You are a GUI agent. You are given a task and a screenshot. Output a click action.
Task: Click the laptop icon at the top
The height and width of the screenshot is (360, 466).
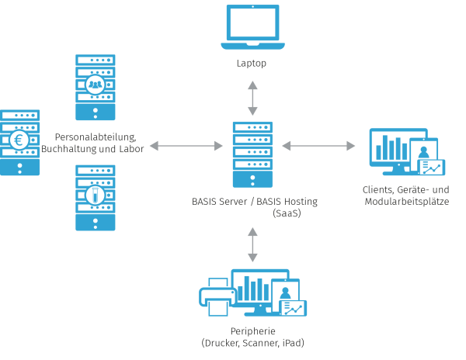[252, 28]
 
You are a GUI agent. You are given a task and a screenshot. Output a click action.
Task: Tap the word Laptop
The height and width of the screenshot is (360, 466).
[252, 63]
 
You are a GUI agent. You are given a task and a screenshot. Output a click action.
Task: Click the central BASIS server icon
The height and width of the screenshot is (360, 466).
[252, 154]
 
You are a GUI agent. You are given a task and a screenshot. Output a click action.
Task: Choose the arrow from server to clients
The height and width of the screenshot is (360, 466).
[318, 145]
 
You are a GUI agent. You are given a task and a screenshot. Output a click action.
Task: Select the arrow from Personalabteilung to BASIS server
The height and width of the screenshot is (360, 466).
[186, 145]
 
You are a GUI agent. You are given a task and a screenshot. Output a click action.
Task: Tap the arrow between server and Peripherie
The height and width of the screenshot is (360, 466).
[252, 244]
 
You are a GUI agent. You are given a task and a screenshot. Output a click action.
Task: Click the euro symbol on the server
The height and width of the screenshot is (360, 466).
[19, 140]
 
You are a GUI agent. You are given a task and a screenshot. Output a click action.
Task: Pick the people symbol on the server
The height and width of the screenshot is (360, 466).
[95, 83]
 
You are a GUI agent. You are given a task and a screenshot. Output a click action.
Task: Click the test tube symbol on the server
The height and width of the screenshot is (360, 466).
[95, 193]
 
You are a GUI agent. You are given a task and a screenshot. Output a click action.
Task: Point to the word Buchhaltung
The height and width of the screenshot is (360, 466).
[71, 149]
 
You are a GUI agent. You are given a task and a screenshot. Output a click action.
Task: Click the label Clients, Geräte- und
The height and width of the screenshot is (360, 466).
[405, 190]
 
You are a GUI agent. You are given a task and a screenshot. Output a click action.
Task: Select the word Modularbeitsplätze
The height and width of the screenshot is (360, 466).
[406, 202]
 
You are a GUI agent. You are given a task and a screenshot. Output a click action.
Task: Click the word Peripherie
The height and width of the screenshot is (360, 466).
[252, 331]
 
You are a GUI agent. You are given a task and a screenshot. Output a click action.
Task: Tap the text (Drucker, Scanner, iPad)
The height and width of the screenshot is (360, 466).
[252, 342]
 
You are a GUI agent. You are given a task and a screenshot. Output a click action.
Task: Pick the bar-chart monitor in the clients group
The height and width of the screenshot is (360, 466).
[397, 147]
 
